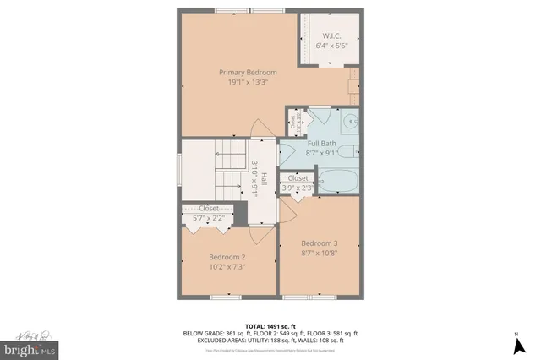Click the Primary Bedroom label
pos(248,73)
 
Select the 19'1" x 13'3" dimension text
pos(248,83)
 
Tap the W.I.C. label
pos(327,35)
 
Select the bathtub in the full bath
pos(338,179)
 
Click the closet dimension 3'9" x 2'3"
pos(298,188)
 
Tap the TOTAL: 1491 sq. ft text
pos(270,325)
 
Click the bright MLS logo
pos(30,347)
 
